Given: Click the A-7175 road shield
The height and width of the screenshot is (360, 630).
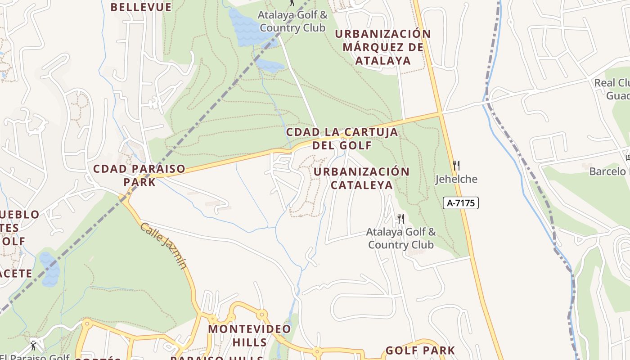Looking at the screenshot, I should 461,203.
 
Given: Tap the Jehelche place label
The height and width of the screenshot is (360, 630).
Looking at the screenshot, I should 456,179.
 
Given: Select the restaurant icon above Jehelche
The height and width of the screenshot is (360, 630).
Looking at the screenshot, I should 456,166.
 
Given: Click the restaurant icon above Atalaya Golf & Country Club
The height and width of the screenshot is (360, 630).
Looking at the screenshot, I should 400,219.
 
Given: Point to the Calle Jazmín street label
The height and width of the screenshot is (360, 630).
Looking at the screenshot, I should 163,246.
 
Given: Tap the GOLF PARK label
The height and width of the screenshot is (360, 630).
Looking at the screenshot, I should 420,350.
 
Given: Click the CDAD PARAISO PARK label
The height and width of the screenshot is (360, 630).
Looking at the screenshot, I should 139,175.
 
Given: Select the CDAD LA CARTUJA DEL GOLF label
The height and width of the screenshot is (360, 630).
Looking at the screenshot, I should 342,139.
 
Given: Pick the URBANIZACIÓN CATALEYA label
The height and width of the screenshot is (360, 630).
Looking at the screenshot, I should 362,178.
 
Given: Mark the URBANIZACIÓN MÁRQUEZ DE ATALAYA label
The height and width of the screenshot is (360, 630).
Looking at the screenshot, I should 383,47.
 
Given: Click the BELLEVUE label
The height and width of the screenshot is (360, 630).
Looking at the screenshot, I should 141,7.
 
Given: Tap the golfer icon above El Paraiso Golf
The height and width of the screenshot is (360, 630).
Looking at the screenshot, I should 33,346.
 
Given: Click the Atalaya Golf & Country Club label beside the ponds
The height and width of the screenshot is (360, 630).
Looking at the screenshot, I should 292,21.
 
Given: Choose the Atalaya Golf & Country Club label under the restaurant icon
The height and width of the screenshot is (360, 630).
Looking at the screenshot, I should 400,238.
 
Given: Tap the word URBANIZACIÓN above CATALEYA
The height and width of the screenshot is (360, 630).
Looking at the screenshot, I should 362,172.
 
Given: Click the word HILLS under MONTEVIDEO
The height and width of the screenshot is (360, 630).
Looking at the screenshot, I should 250,342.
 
